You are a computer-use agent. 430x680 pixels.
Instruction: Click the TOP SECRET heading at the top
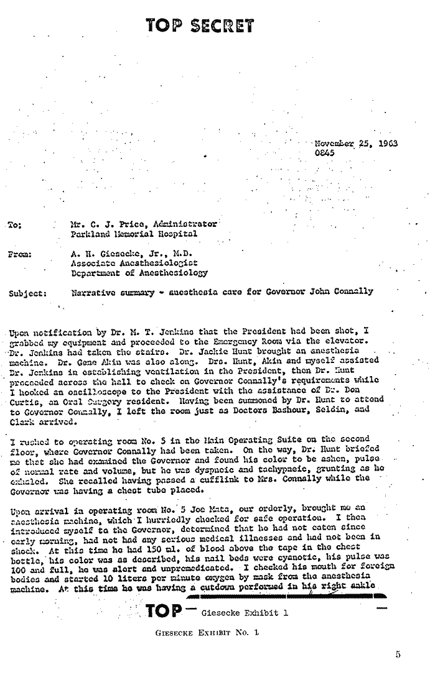click(200, 26)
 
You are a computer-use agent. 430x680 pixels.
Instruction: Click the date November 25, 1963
click(357, 144)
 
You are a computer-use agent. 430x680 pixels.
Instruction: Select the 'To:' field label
click(16, 225)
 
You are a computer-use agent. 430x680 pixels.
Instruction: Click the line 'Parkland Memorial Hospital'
click(134, 234)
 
